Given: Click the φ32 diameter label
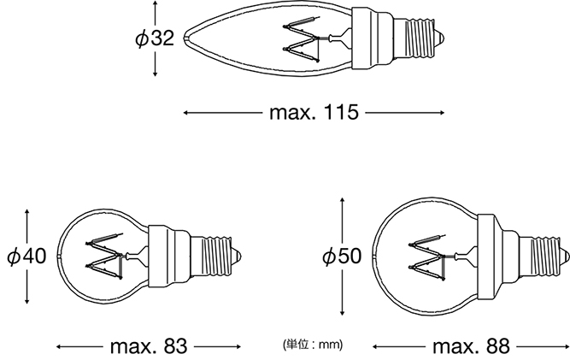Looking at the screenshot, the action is pyautogui.click(x=155, y=38).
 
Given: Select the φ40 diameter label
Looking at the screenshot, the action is pyautogui.click(x=26, y=257).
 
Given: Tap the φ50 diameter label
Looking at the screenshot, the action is pyautogui.click(x=342, y=257).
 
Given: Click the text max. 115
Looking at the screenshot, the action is pyautogui.click(x=314, y=113).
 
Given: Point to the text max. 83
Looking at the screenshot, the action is pyautogui.click(x=149, y=346).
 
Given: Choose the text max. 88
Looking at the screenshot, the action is pyautogui.click(x=471, y=346).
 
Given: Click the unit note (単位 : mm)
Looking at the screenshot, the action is pyautogui.click(x=313, y=344).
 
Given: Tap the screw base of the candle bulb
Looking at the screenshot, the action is pyautogui.click(x=419, y=38).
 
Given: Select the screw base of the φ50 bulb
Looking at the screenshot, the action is pyautogui.click(x=544, y=257).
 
